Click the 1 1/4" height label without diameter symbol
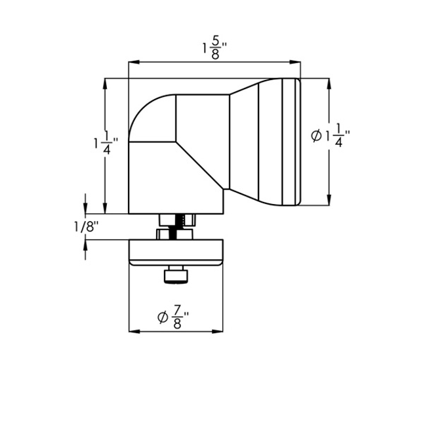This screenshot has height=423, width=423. [x=105, y=142]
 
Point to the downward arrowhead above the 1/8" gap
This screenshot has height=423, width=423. [x=85, y=209]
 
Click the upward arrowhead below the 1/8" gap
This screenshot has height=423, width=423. [x=85, y=245]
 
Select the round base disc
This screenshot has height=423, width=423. [x=176, y=252]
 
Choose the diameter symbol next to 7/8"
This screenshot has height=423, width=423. [x=162, y=318]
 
